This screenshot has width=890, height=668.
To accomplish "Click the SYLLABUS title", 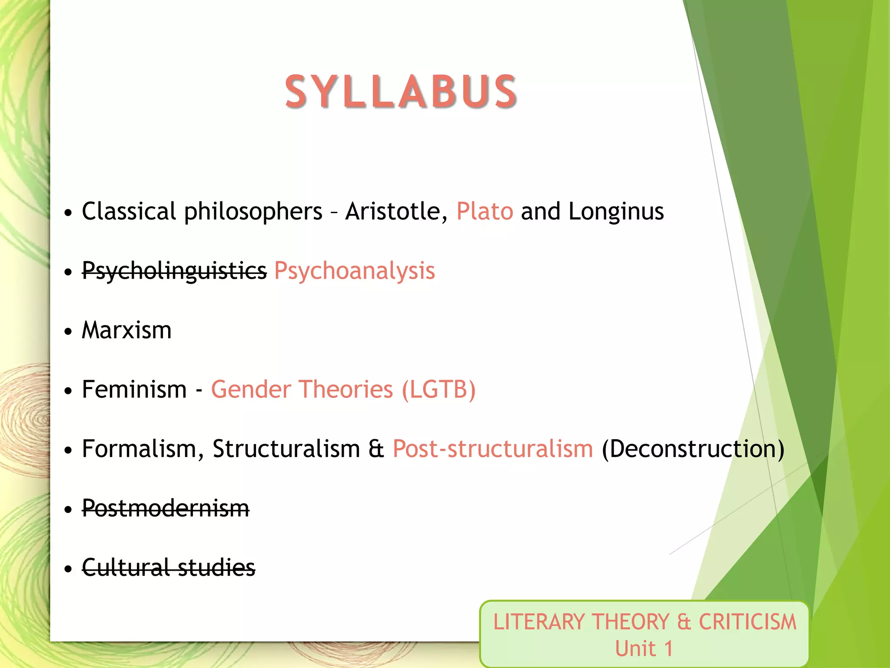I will pyautogui.click(x=401, y=91).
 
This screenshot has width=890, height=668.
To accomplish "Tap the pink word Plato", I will pyautogui.click(x=485, y=212).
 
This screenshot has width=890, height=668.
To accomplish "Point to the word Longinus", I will pyautogui.click(x=616, y=212).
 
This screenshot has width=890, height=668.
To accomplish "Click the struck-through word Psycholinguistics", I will pyautogui.click(x=174, y=271).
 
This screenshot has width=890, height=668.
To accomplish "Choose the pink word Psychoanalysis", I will pyautogui.click(x=354, y=271).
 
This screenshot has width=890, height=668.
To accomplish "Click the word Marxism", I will pyautogui.click(x=126, y=330).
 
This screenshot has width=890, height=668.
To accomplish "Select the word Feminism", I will pyautogui.click(x=134, y=389).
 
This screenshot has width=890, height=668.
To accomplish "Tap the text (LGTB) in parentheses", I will pyautogui.click(x=438, y=389).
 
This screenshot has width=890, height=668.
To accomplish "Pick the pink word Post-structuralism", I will pyautogui.click(x=493, y=449).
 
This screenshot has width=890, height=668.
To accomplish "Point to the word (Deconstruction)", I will pyautogui.click(x=693, y=449).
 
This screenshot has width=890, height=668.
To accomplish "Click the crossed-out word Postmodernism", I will pyautogui.click(x=166, y=508).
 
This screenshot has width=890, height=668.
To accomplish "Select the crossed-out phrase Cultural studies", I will pyautogui.click(x=169, y=568).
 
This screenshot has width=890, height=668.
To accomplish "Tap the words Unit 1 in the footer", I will pyautogui.click(x=644, y=648).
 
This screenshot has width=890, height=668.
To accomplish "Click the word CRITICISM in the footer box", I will pyautogui.click(x=747, y=622).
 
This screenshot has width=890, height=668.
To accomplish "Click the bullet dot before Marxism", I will pyautogui.click(x=68, y=331).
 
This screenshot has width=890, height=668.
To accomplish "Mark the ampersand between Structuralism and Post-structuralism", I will pyautogui.click(x=376, y=449).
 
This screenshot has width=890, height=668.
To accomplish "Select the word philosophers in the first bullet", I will pyautogui.click(x=253, y=212).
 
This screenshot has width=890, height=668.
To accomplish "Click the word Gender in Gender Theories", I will pyautogui.click(x=251, y=389).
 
